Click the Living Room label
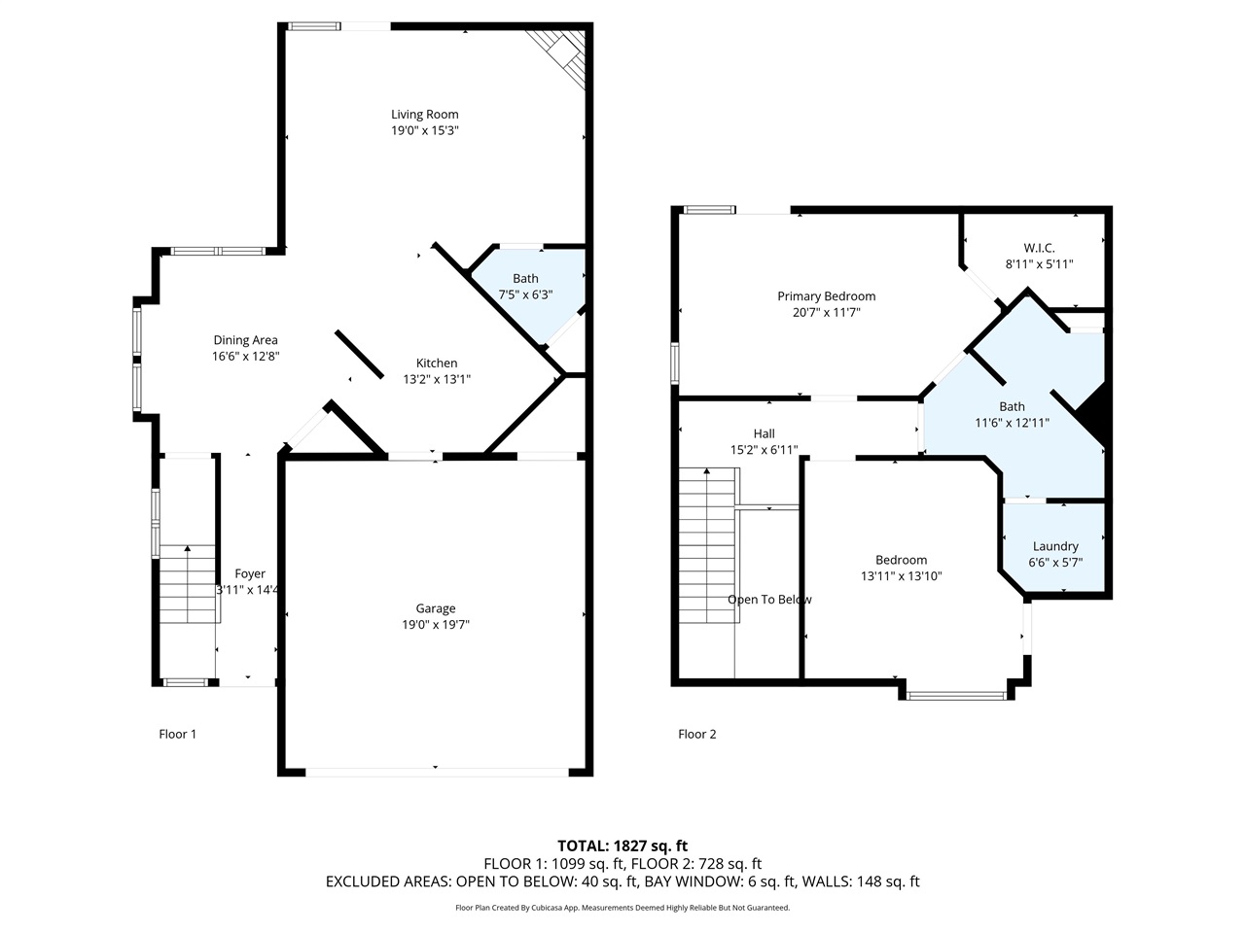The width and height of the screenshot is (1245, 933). tap(424, 115)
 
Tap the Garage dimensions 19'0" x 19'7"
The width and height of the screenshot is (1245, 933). tap(436, 625)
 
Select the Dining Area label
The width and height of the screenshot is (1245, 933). tap(245, 340)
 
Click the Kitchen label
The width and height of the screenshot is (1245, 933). tap(437, 363)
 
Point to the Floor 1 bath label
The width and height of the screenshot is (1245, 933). tap(525, 279)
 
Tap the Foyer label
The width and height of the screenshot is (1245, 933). tap(250, 574)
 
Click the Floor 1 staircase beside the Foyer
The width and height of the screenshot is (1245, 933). tap(187, 583)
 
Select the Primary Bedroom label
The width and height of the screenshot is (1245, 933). tap(826, 296)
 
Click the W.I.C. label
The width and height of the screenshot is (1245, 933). tap(1039, 248)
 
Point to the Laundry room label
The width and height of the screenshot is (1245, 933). tap(1055, 546)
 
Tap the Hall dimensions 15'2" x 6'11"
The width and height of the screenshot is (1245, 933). tap(764, 450)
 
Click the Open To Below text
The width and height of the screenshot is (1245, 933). tap(769, 600)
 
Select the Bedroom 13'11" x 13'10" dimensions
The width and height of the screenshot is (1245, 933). tap(901, 575)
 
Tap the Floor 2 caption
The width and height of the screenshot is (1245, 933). tap(696, 734)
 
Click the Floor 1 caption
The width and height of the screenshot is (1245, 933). tap(177, 734)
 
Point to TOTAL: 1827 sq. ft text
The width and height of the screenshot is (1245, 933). tap(622, 846)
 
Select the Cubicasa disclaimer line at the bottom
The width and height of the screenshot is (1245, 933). tap(622, 908)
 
